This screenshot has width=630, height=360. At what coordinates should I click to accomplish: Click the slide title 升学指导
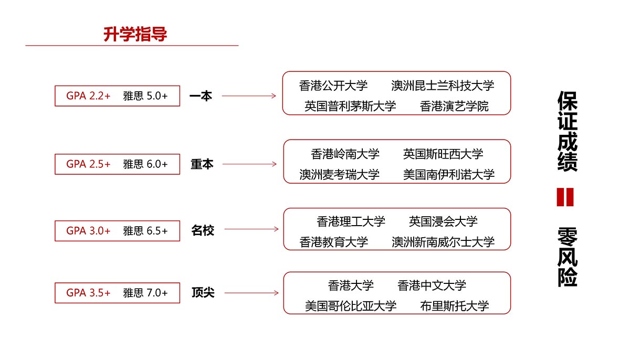[135, 34]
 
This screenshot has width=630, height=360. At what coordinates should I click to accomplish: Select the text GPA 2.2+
[88, 96]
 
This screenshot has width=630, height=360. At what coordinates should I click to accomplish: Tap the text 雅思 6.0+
[145, 164]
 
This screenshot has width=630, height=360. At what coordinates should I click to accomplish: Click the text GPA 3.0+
[88, 231]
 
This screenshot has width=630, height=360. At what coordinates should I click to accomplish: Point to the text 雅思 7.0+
[145, 293]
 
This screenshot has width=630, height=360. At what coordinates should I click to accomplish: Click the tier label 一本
[201, 96]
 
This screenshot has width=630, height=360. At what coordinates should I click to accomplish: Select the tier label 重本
[202, 164]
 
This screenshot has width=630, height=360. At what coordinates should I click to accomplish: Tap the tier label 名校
[203, 230]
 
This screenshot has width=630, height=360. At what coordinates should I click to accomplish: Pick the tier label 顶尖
[203, 292]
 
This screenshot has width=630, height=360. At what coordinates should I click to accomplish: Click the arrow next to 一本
[249, 96]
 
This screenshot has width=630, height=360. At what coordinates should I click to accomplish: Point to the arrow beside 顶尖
[251, 293]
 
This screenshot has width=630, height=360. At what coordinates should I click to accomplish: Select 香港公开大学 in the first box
[333, 86]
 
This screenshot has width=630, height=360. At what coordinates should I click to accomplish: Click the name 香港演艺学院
[454, 106]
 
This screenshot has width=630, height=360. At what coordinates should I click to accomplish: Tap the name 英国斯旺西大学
[443, 154]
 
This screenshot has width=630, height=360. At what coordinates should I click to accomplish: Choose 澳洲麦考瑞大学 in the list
[339, 175]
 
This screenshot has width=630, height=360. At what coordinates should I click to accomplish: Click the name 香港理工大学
[351, 221]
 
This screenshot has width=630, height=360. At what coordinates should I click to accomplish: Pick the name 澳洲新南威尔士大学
[443, 242]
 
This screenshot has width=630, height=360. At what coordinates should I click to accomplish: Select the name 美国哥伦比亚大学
[351, 306]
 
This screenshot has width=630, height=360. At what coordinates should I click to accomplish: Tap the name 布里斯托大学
[454, 306]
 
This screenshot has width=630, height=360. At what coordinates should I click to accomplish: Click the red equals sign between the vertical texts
[565, 197]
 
